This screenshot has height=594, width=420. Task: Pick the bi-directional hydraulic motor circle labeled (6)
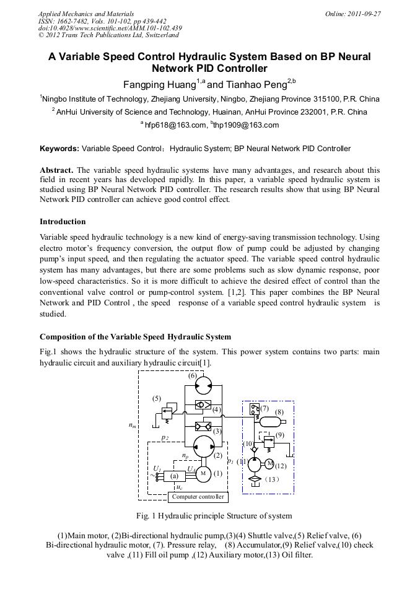[202, 387]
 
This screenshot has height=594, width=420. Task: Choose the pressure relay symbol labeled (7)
[253, 409]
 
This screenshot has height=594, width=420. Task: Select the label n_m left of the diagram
[132, 425]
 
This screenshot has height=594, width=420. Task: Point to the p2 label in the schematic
[165, 437]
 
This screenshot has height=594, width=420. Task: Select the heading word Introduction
[63, 222]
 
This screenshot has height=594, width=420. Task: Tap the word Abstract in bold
[56, 170]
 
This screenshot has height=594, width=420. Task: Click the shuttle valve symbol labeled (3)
[202, 426]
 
